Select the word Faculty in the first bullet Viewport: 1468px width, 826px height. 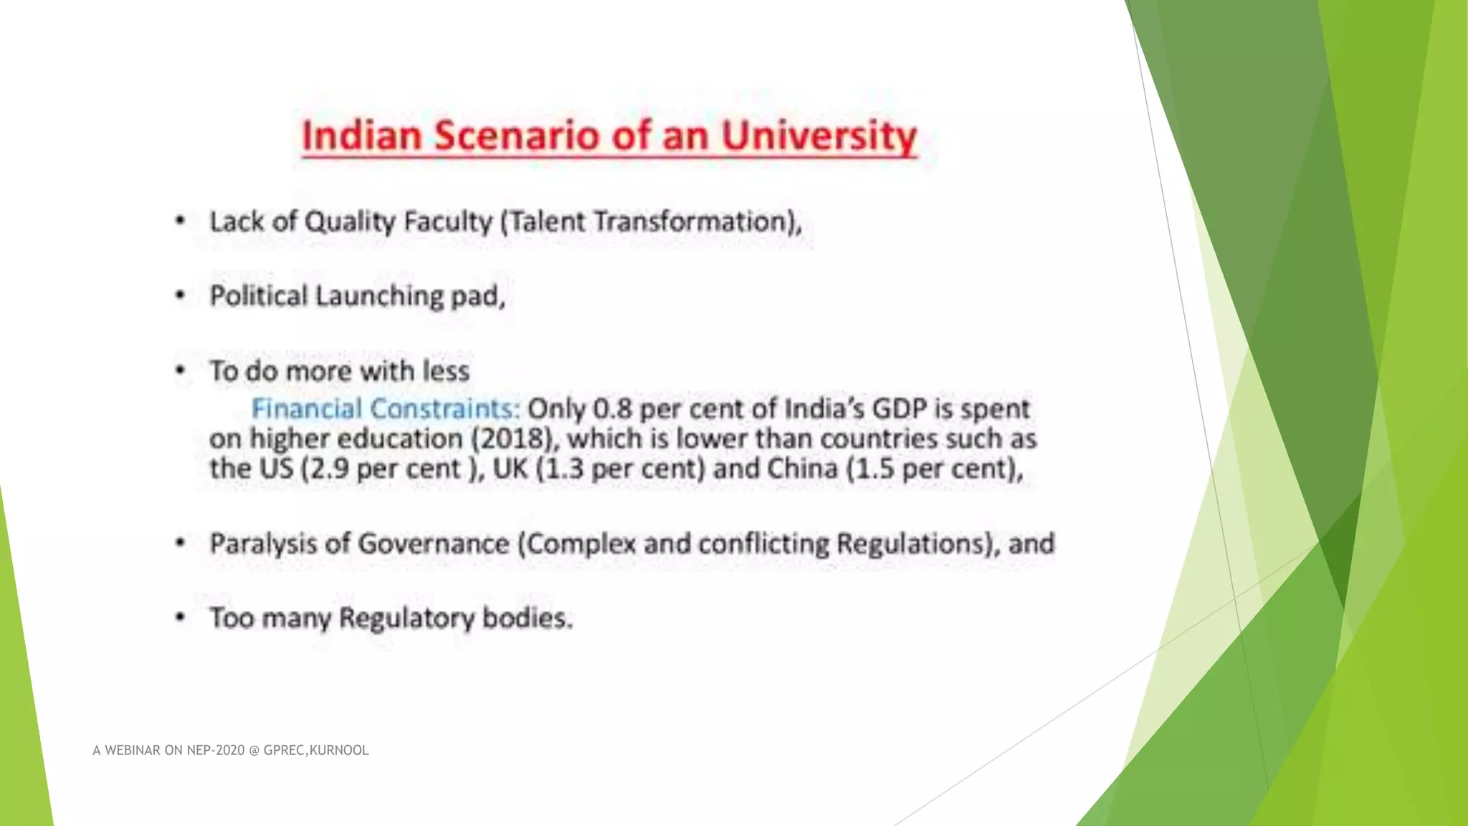447,222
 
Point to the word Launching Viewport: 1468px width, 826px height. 379,296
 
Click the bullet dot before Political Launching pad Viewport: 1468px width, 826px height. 181,296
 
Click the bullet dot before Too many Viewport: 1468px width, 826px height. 181,618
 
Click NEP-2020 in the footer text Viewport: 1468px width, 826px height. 216,751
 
